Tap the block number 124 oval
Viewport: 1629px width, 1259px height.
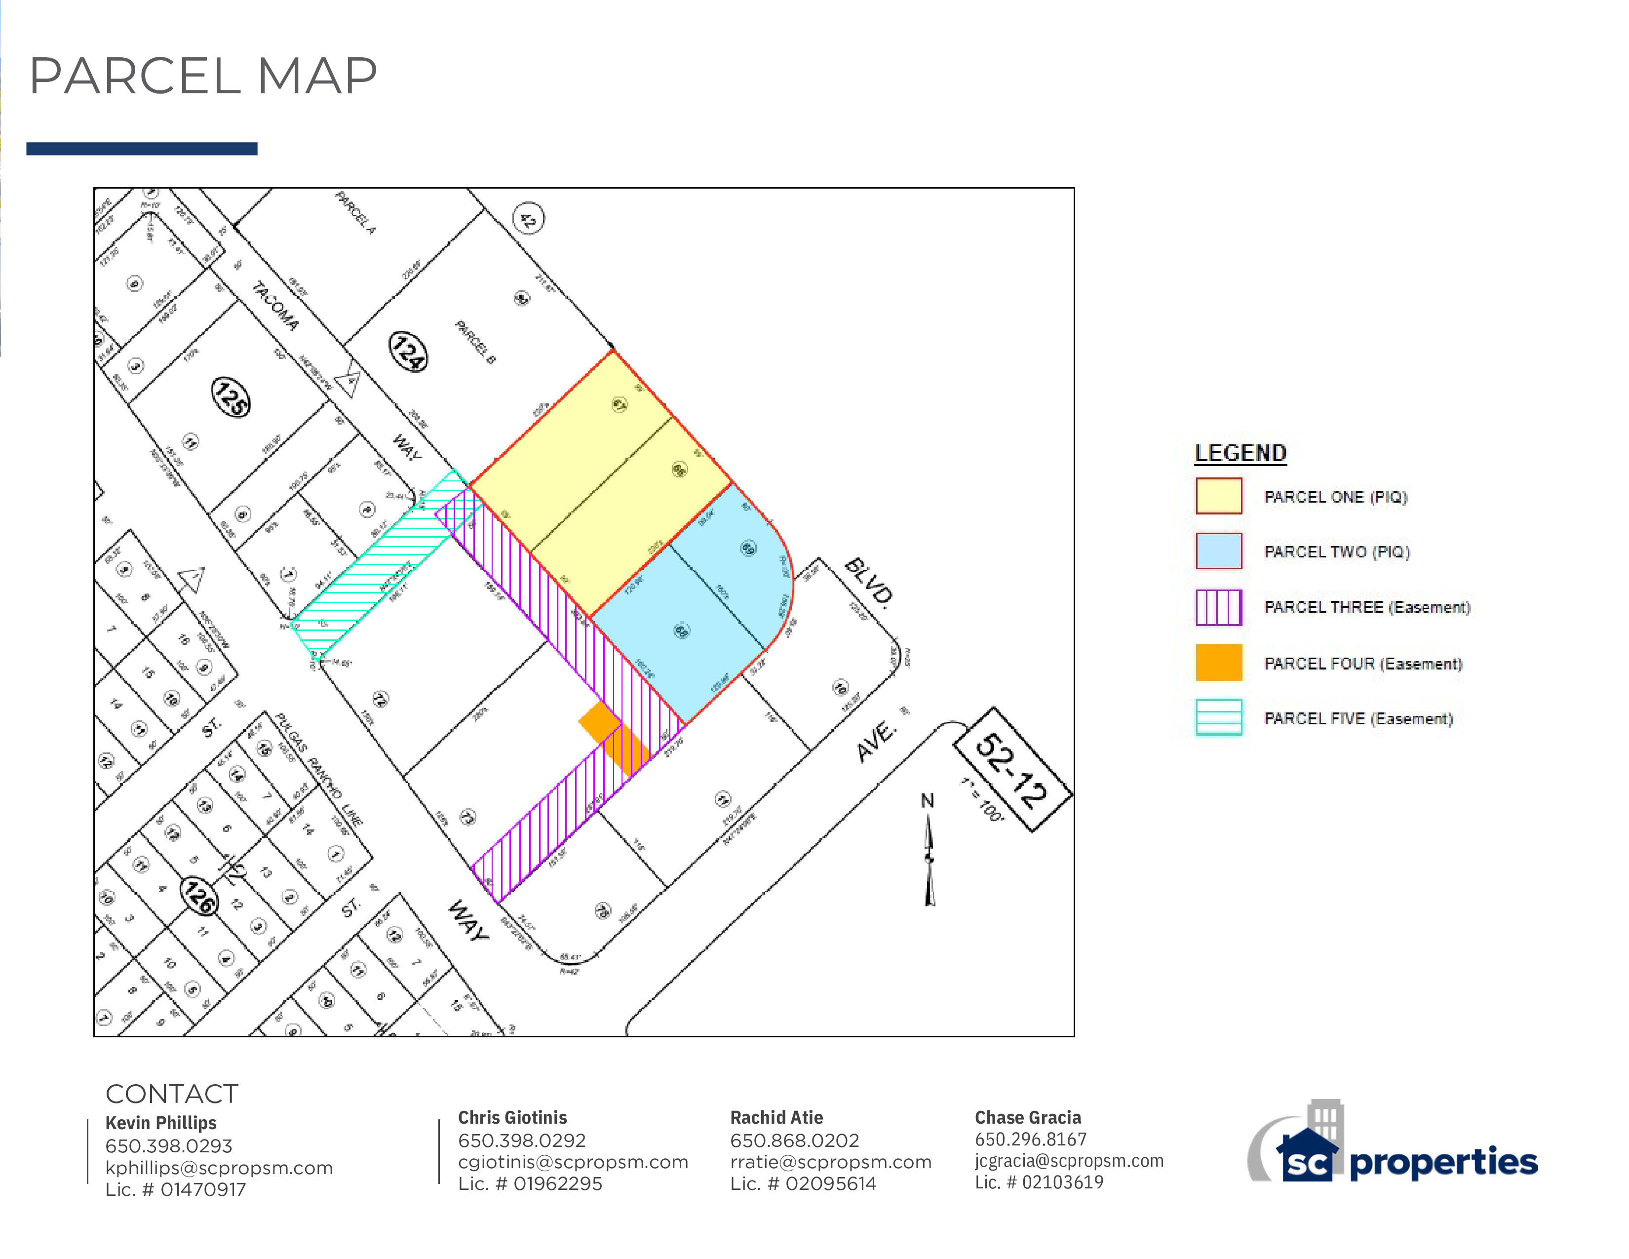click(409, 352)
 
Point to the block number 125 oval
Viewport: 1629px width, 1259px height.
click(231, 397)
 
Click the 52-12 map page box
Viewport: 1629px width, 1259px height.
click(1012, 770)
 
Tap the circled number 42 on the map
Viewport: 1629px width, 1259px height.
click(528, 219)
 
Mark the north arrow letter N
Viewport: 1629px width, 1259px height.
click(927, 801)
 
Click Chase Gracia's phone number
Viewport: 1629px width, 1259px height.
click(1030, 1139)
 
